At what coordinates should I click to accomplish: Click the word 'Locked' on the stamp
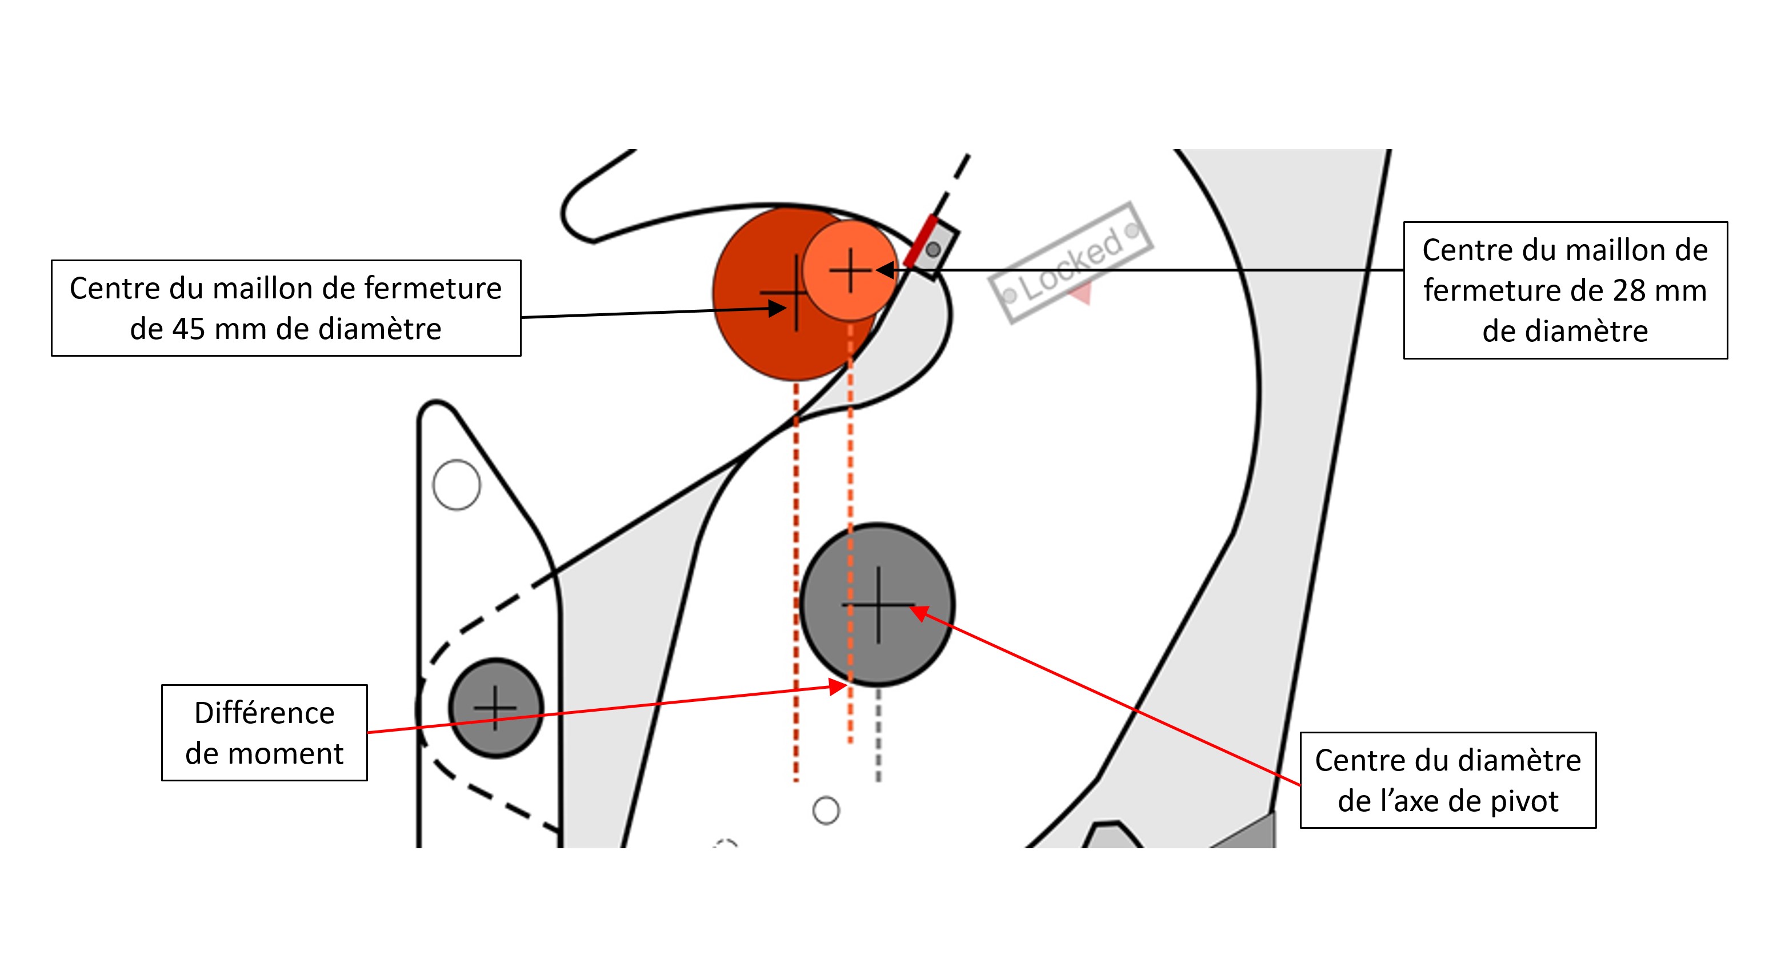[1073, 264]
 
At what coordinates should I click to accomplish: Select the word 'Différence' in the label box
[265, 713]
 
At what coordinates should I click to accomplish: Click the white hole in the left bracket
[457, 485]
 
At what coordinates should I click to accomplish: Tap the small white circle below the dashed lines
[826, 810]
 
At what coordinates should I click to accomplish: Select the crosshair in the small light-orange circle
[850, 270]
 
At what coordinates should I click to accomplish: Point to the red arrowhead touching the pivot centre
[919, 612]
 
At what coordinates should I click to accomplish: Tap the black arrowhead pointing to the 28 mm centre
[886, 270]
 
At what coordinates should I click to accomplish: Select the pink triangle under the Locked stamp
[1082, 296]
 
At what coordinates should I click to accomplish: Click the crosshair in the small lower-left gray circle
[495, 708]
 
